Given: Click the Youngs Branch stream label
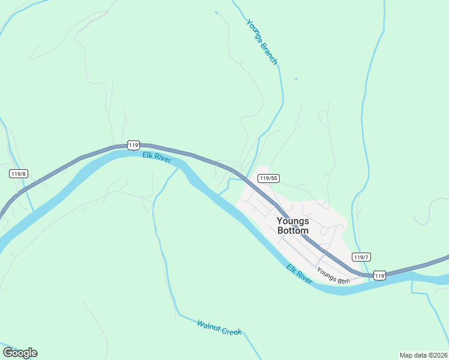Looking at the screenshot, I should coord(262,41).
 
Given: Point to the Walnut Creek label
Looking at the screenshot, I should coord(218,328).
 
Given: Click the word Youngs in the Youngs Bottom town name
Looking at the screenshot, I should coord(293,220).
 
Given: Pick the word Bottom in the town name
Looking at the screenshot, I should coord(293,230).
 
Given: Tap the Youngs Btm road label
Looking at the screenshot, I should coord(333,275).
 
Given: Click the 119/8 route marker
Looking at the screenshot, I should coord(19,173).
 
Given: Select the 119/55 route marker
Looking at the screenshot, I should coord(268,178).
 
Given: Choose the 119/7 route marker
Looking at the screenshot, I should coord(361,257).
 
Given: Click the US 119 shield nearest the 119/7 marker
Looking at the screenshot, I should coord(378,275).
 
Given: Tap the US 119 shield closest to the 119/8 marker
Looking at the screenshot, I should coord(133,145).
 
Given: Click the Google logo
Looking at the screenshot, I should coord(20,353).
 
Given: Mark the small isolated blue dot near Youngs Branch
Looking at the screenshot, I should coord(296,79).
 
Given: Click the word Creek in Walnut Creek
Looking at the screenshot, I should coord(231,331).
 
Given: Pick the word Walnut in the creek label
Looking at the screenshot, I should coord(208,325).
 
